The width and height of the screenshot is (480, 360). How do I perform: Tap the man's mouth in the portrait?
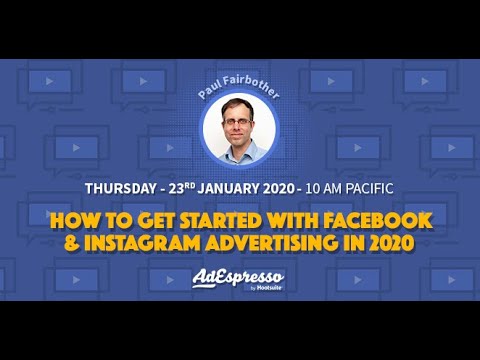[238, 142]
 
